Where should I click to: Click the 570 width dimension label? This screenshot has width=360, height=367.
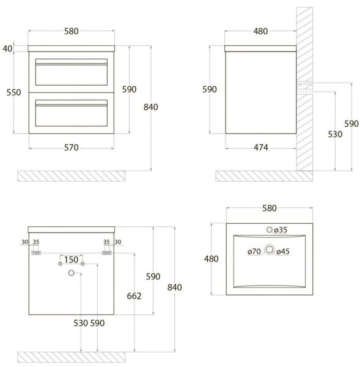click(x=72, y=147)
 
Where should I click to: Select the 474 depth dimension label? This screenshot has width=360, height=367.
click(x=260, y=147)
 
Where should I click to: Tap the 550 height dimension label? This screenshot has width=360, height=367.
click(x=13, y=92)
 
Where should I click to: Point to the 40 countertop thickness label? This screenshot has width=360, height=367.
click(x=7, y=49)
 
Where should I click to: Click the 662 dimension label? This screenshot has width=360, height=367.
click(x=134, y=296)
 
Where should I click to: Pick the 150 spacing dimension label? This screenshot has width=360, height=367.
click(x=71, y=259)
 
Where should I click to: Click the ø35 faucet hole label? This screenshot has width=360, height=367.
click(x=281, y=230)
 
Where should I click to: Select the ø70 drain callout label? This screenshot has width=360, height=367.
click(x=254, y=251)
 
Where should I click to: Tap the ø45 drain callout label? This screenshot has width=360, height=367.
click(x=283, y=251)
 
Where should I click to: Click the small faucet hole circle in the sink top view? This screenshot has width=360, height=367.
click(x=270, y=230)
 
